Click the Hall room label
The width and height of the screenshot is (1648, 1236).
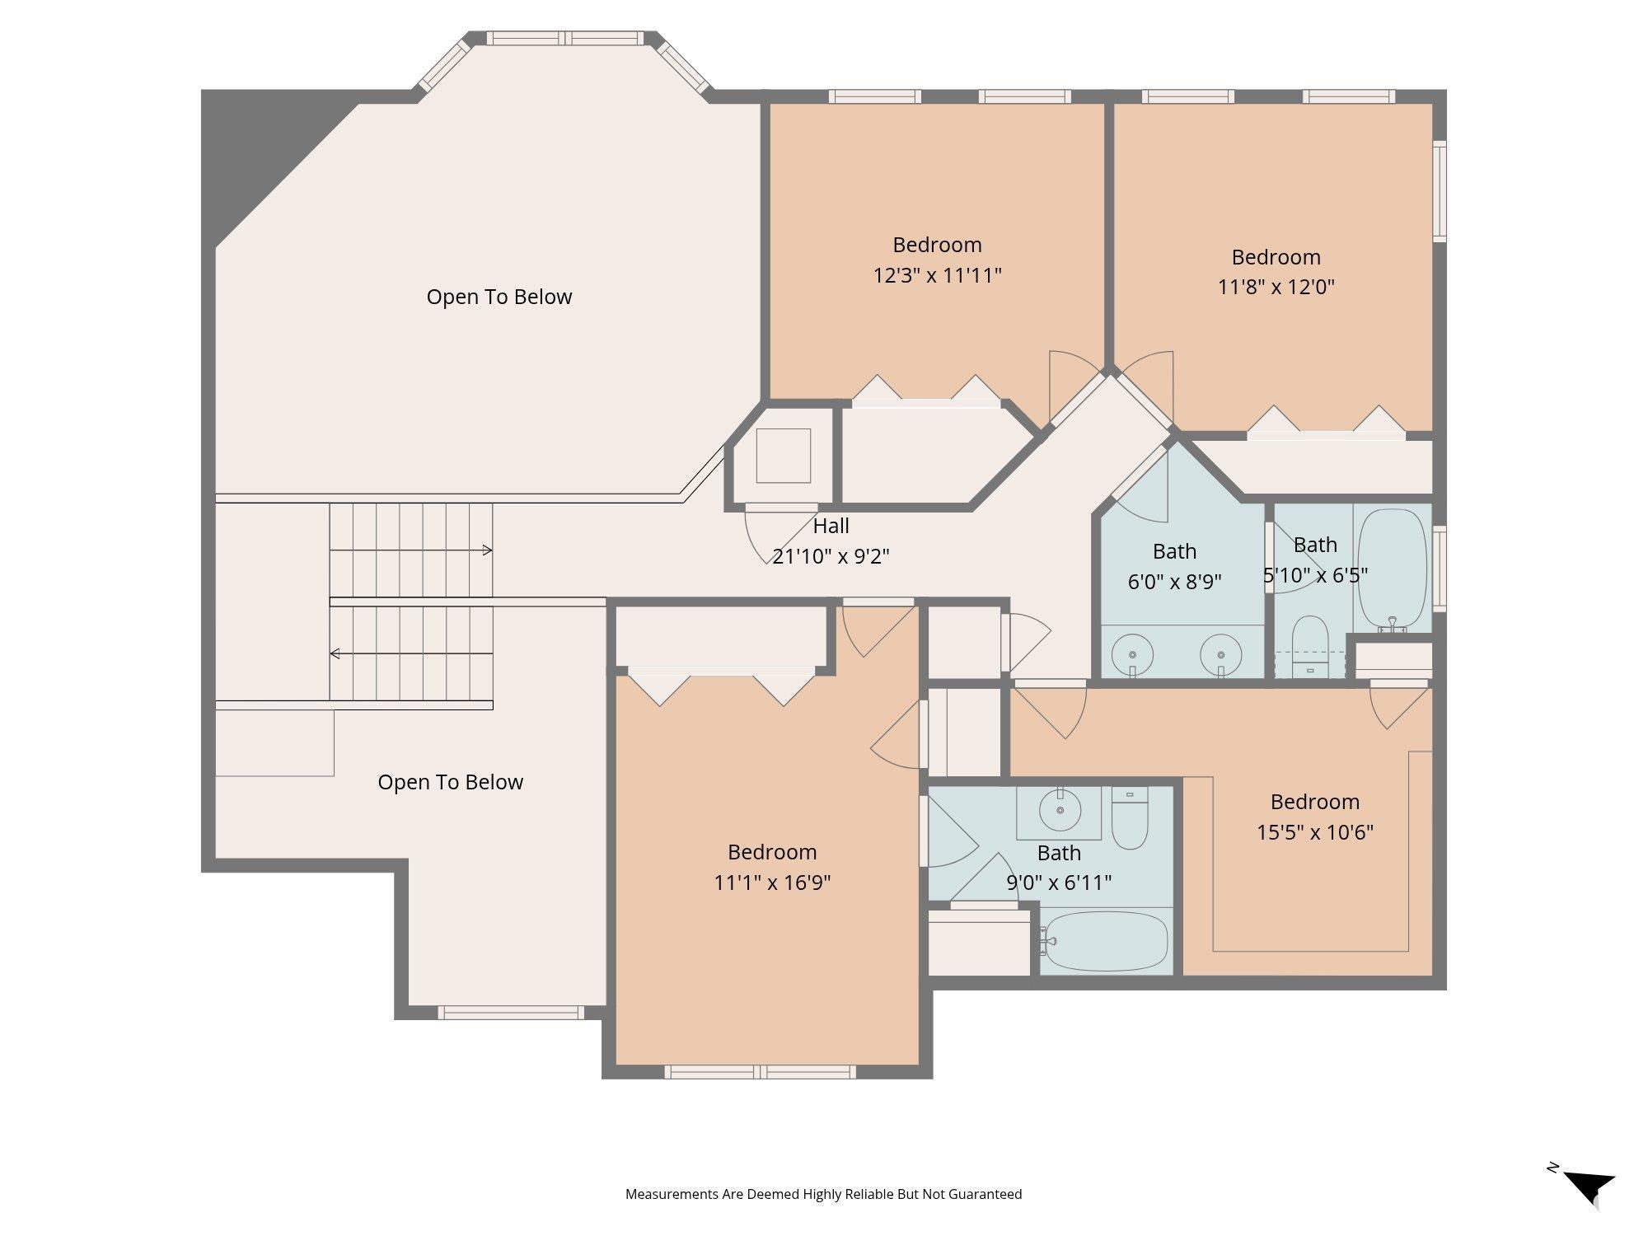coord(831,526)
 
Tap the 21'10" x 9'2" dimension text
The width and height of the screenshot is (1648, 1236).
coord(831,556)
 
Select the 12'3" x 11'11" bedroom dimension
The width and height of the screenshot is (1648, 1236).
coord(937,275)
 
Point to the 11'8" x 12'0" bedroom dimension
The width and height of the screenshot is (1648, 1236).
coord(1276,287)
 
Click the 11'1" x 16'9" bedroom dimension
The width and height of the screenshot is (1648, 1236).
coord(772,883)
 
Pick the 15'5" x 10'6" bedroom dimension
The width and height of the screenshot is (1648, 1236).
coord(1315,832)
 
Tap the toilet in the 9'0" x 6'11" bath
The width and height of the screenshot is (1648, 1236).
coord(1130,817)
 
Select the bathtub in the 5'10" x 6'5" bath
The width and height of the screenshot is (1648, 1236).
coord(1392,569)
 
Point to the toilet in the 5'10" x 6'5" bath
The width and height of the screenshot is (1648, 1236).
coord(1309,647)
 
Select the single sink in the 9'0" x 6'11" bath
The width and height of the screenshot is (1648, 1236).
coord(1060,811)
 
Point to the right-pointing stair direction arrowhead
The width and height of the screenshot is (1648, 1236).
coord(488,550)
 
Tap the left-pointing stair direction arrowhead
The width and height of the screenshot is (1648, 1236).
coord(335,653)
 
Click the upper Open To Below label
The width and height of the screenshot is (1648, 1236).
coord(499,297)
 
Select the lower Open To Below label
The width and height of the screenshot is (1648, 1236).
coord(451,782)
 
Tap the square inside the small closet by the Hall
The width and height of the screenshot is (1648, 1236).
coord(784,456)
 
